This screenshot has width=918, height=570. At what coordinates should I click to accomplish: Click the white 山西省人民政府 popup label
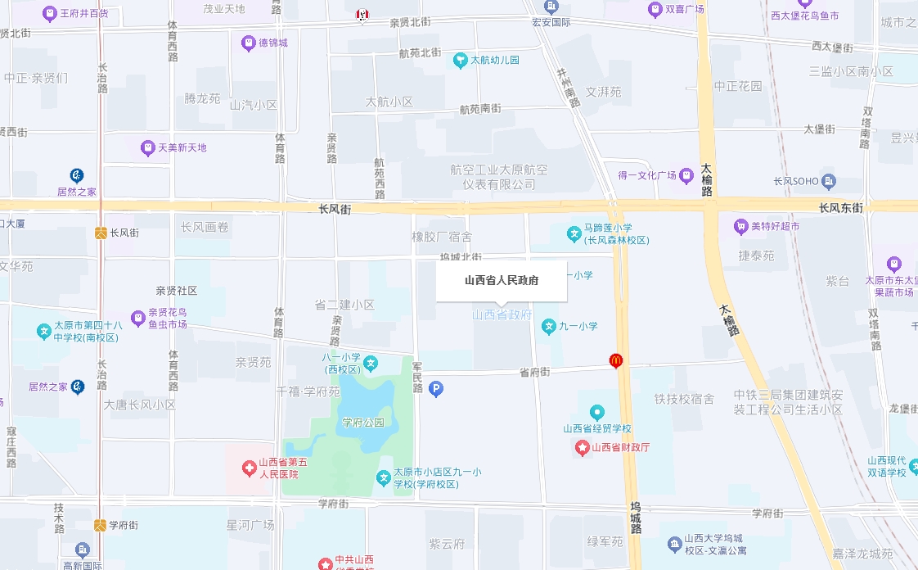pos(501,280)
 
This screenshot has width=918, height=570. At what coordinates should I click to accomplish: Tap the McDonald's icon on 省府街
pos(616,360)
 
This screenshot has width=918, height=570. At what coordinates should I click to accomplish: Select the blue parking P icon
pos(436,390)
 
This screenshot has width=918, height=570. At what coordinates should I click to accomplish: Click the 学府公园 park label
pos(363,423)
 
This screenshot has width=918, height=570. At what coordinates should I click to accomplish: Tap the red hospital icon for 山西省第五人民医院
pos(249,468)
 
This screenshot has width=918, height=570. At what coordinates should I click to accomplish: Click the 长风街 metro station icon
pos(101,233)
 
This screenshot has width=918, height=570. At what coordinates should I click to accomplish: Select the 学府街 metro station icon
pos(101,525)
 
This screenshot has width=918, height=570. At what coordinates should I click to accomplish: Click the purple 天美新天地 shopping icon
pos(148,148)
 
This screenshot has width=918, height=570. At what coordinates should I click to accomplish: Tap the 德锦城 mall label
pos(273,42)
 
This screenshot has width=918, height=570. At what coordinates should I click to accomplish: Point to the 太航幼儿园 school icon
pos(461,60)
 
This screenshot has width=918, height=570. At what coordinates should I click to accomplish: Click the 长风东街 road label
pos(840,208)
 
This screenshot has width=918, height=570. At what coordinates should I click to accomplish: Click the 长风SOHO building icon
pos(830,180)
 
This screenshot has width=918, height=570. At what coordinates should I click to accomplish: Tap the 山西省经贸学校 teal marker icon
pos(597,412)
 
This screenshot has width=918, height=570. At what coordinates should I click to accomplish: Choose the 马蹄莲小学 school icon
pos(574,234)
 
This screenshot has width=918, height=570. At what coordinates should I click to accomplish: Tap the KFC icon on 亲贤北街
pos(361,15)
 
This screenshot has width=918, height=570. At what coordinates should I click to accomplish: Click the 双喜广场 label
pos(685,9)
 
